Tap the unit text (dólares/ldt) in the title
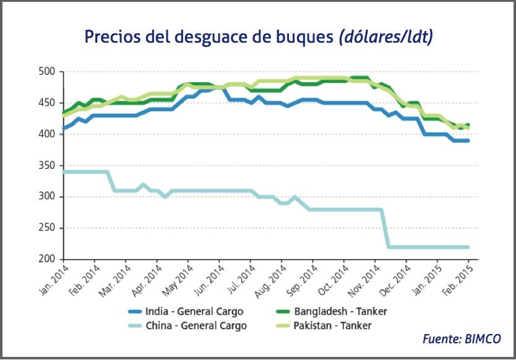click(x=385, y=36)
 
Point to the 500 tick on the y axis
click(x=48, y=72)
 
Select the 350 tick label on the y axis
click(x=48, y=166)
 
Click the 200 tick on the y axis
click(x=48, y=259)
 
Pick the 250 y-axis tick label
click(x=48, y=228)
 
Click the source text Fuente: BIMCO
click(x=462, y=339)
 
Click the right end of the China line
click(x=468, y=247)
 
